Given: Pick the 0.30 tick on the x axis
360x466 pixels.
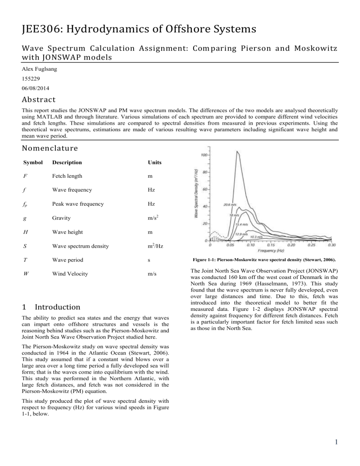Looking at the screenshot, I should click(x=332, y=245).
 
